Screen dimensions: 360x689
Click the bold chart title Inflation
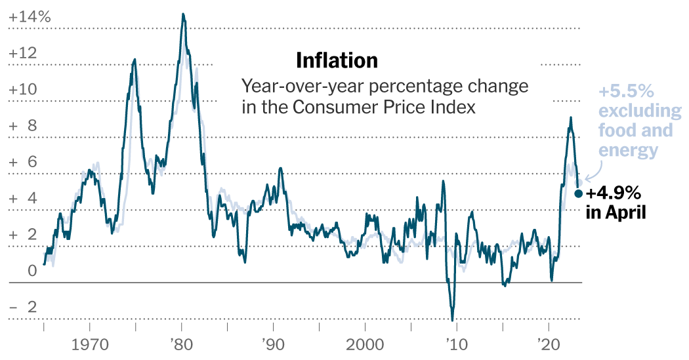(337, 60)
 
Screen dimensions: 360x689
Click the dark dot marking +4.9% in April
(578, 193)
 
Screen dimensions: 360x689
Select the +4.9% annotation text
(612, 193)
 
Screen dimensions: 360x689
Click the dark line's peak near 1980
(183, 14)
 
